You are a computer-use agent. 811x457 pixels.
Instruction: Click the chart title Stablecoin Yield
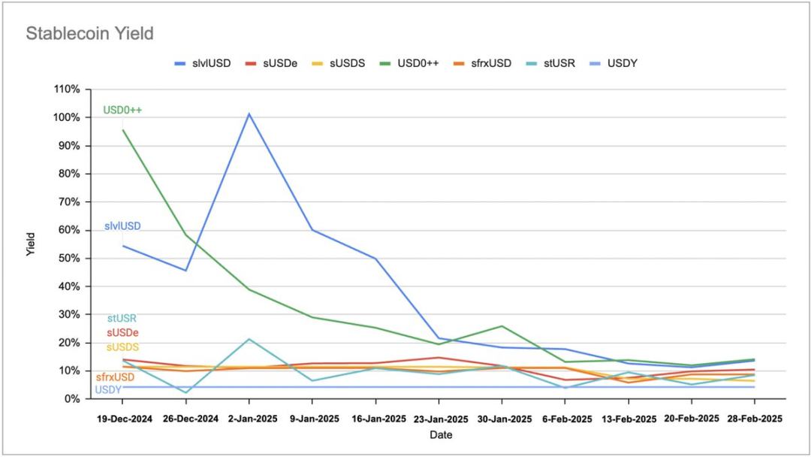[x=89, y=33]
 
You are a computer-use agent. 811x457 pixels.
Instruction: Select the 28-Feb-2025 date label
[x=754, y=418]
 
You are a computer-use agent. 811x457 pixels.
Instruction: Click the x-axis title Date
[x=440, y=434]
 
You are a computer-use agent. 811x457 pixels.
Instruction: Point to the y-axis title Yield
[x=31, y=245]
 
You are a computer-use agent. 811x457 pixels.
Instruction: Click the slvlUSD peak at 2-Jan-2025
[x=249, y=113]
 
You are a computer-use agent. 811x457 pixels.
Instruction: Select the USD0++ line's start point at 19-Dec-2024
[x=123, y=130]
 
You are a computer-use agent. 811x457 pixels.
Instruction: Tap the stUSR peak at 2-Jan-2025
[x=249, y=339]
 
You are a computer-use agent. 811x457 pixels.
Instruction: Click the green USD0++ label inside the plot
[x=122, y=110]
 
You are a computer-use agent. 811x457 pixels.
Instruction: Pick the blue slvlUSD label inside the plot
[x=122, y=226]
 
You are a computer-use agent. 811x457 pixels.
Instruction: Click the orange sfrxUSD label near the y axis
[x=115, y=377]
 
